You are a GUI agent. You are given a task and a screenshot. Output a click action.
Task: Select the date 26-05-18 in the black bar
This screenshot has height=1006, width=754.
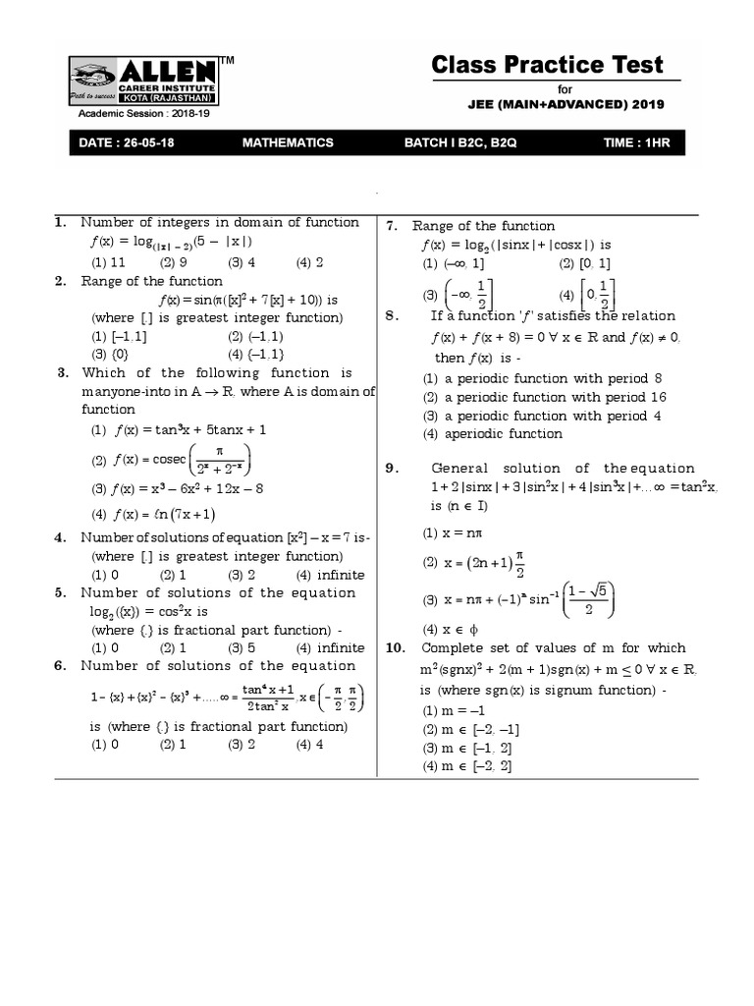click(127, 142)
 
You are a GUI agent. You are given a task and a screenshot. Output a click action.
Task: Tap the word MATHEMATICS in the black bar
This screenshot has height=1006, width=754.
click(288, 142)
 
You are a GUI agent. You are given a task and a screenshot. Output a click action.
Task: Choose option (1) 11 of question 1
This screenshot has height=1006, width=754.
click(108, 262)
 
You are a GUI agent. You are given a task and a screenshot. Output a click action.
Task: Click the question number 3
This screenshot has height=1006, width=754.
click(62, 372)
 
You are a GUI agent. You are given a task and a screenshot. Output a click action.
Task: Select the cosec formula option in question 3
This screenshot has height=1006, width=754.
click(172, 460)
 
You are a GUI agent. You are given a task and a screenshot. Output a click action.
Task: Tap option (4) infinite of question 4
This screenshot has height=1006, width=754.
click(329, 575)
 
